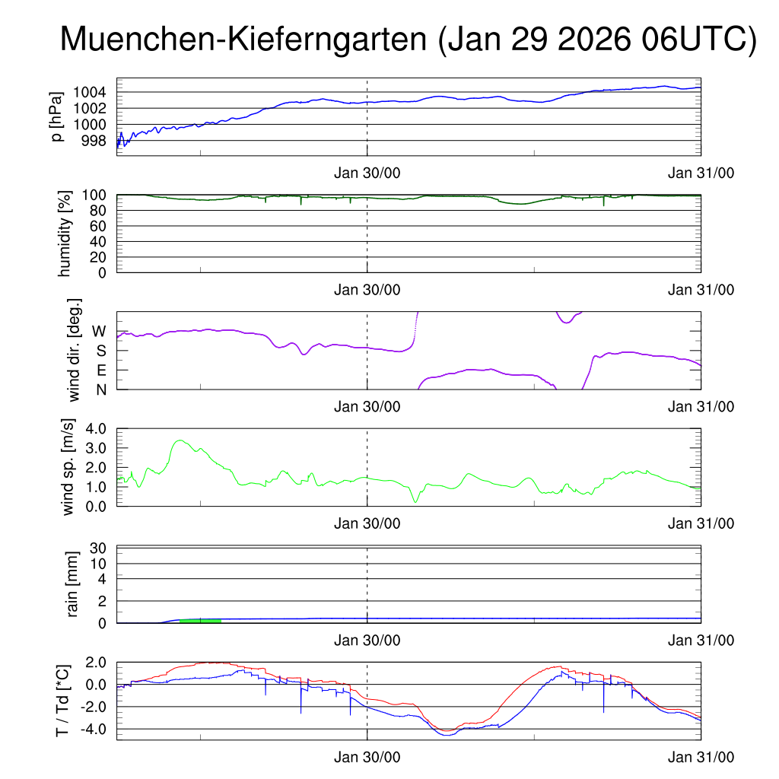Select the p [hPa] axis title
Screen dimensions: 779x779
[x=58, y=117]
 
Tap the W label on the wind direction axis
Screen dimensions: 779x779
[x=99, y=331]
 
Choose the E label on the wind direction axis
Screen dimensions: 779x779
[x=101, y=370]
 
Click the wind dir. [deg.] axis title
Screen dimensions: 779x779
[x=75, y=350]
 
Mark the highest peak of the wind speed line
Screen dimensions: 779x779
[x=180, y=440]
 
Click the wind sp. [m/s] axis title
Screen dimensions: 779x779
[x=69, y=467]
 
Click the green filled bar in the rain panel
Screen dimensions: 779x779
[x=201, y=621]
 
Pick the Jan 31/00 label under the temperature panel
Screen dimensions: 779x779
[x=701, y=758]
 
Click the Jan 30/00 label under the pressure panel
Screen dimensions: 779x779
[x=367, y=173]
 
